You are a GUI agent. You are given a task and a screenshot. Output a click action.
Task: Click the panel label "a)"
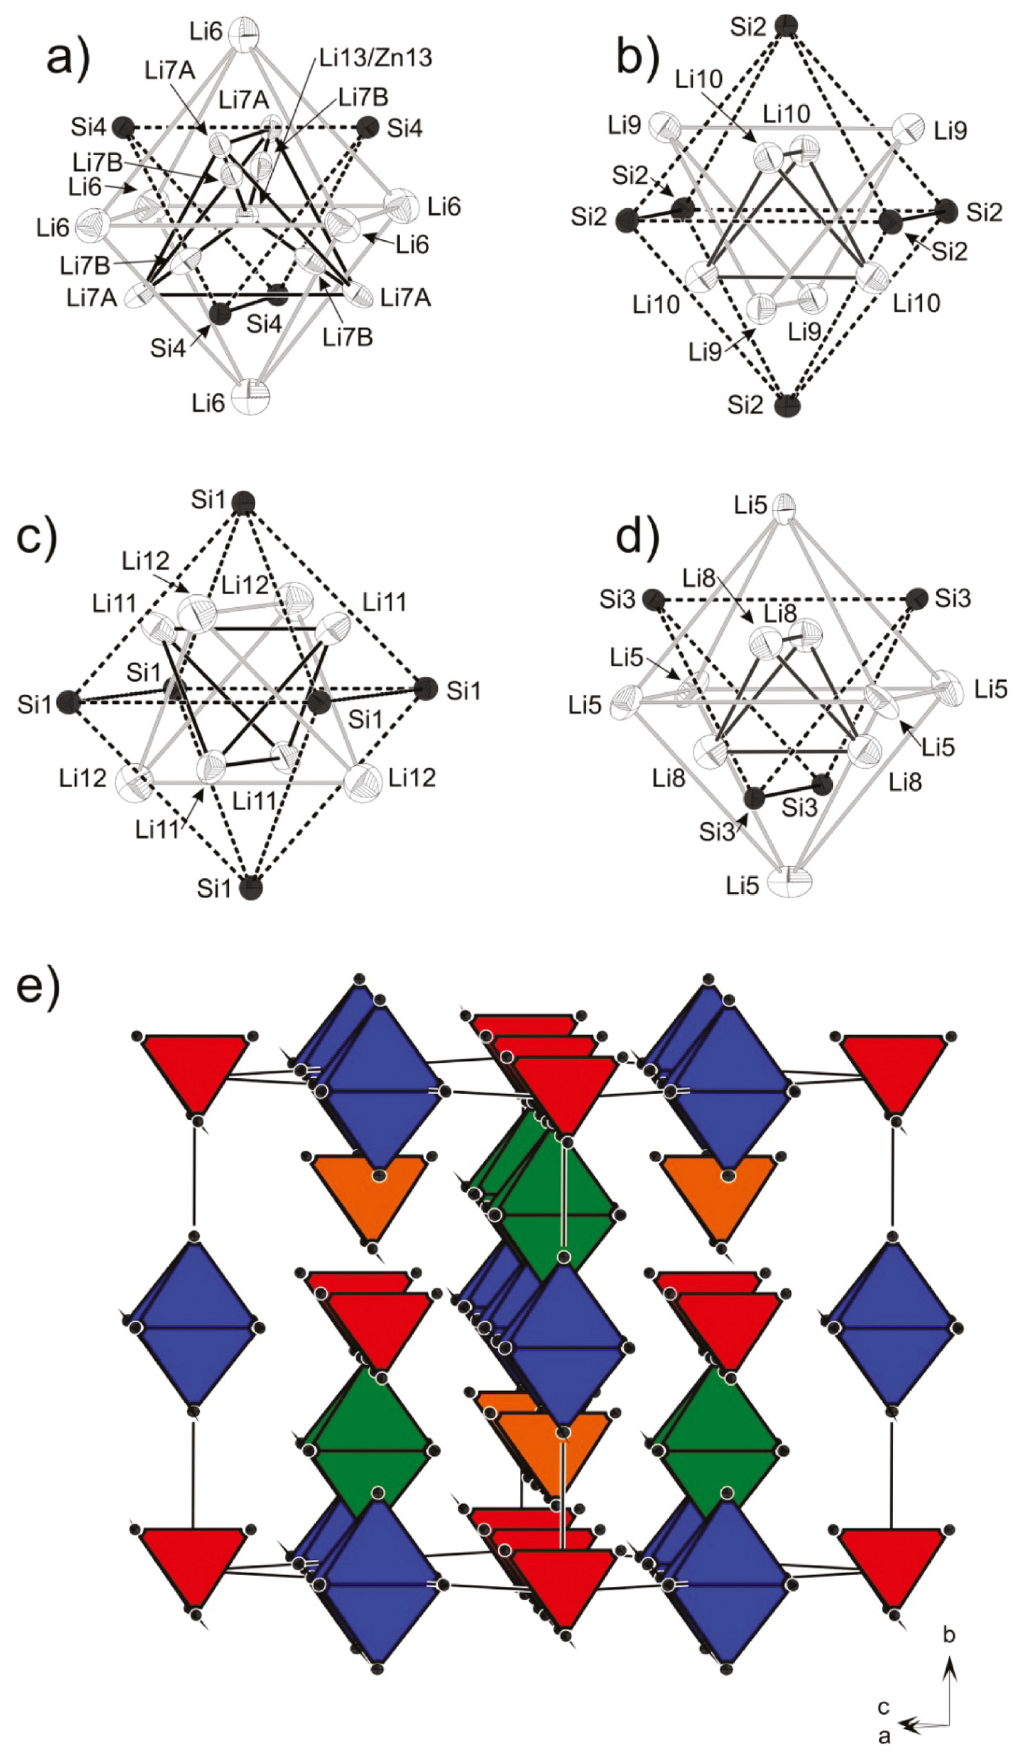[x=68, y=59]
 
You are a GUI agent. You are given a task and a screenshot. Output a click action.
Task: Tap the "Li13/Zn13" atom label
[x=376, y=57]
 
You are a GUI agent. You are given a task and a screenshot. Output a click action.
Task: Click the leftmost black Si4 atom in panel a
[x=124, y=127]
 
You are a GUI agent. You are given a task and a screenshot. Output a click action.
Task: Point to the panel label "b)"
[x=637, y=59]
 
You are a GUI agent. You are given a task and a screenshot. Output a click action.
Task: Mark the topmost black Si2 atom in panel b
[x=786, y=26]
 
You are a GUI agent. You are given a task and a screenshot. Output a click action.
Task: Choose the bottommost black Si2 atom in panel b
[x=787, y=405]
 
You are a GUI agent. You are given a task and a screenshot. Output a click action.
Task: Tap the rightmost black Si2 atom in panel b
[x=945, y=211]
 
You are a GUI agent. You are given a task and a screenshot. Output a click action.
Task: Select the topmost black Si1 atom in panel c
[x=243, y=502]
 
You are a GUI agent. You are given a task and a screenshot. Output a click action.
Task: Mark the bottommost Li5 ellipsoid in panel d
[x=789, y=882]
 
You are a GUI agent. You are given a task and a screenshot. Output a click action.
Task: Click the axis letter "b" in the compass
[x=949, y=1634]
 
